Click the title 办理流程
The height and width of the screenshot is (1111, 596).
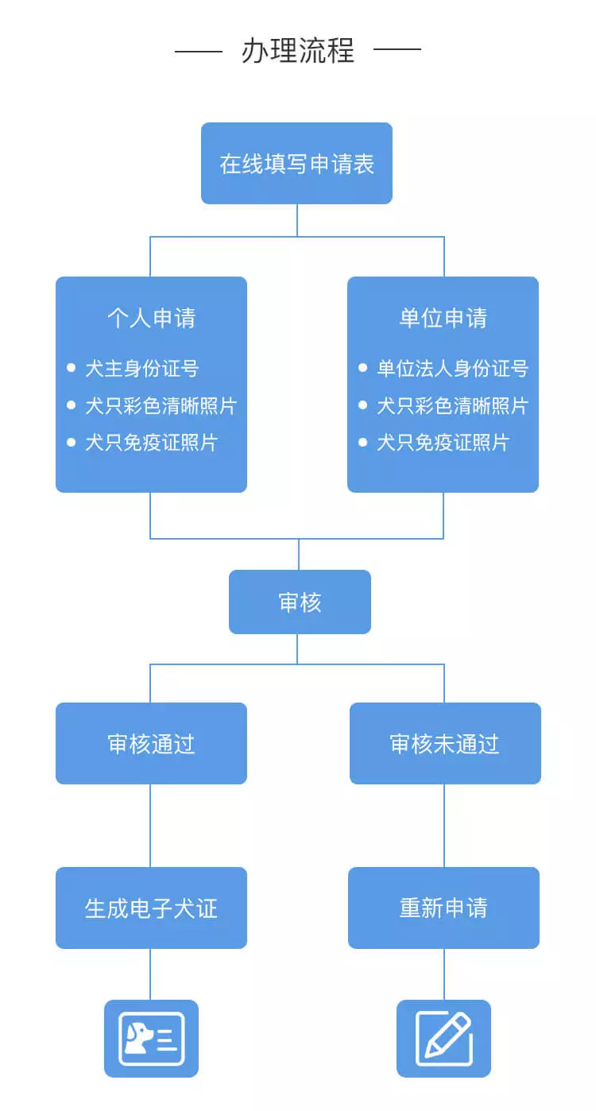pos(297,51)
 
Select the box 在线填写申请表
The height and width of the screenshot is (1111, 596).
pos(296,164)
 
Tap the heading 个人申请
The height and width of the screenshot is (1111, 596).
pos(151,319)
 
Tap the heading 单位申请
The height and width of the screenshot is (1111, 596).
pos(443,319)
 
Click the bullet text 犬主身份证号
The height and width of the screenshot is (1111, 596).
pos(141,369)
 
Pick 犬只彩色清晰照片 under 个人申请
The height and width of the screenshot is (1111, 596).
pos(161,406)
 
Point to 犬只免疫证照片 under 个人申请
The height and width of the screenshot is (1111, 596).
pos(151,443)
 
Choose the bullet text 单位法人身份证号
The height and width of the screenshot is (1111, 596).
pos(452,369)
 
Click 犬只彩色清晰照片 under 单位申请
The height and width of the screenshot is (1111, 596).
pos(452,406)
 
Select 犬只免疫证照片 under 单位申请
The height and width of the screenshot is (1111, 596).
pos(443,443)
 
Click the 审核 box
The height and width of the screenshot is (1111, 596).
pos(300,602)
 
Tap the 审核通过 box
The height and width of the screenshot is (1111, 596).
pos(151,744)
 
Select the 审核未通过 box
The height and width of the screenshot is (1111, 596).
pos(445,744)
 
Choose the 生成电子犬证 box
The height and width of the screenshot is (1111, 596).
pos(151,908)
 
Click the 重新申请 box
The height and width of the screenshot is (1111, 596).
pos(443,908)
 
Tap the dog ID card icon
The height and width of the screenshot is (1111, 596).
pos(151,1039)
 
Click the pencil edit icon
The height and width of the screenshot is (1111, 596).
pos(443,1039)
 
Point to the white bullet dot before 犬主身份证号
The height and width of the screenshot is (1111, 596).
pos(71,368)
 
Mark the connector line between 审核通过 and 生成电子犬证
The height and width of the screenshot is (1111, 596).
pos(150,825)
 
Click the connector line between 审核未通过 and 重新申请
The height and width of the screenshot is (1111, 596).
pos(444,825)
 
